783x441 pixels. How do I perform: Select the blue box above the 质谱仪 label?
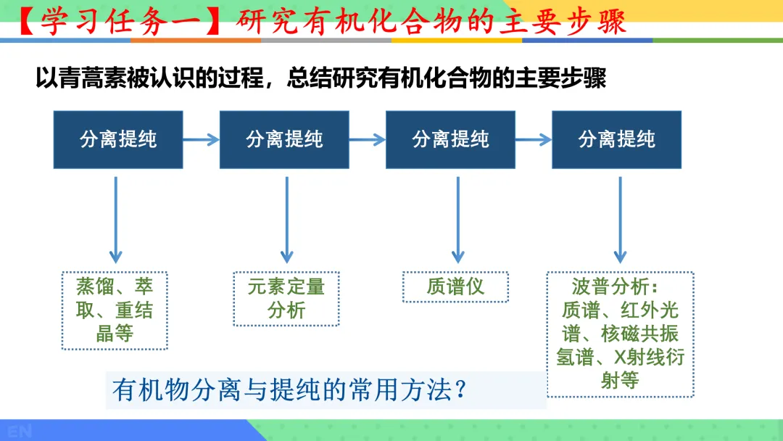tap(450, 140)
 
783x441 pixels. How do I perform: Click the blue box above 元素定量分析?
tap(284, 140)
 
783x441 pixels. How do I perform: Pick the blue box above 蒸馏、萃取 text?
tap(118, 140)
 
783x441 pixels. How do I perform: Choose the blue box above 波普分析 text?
tap(616, 140)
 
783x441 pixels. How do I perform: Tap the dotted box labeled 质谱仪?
tap(455, 287)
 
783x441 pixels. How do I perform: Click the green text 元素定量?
tap(286, 287)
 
